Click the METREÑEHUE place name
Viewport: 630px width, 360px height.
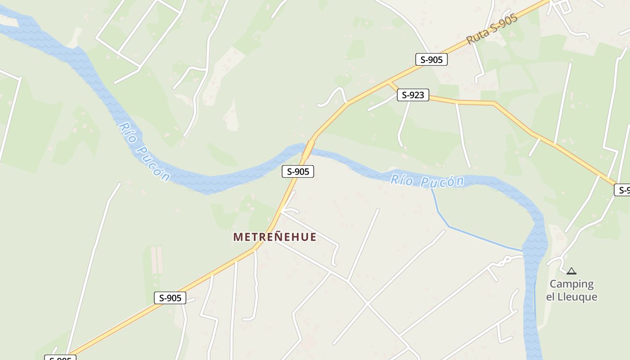pyautogui.click(x=274, y=237)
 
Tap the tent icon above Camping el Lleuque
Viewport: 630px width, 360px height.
pyautogui.click(x=571, y=271)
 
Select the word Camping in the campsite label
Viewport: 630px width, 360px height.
pyautogui.click(x=571, y=284)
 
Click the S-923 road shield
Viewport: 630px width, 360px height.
pyautogui.click(x=413, y=95)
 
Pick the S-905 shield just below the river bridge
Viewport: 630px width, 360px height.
pyautogui.click(x=297, y=171)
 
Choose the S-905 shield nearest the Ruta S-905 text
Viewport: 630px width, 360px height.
pyautogui.click(x=431, y=59)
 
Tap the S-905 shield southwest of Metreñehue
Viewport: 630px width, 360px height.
pyautogui.click(x=170, y=298)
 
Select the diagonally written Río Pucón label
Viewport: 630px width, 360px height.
pyautogui.click(x=144, y=152)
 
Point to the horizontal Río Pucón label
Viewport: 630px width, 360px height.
pyautogui.click(x=427, y=181)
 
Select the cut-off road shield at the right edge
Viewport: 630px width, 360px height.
pyautogui.click(x=623, y=190)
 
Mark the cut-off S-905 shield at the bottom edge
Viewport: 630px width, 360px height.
pyautogui.click(x=60, y=358)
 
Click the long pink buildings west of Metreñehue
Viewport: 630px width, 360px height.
pyautogui.click(x=157, y=260)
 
